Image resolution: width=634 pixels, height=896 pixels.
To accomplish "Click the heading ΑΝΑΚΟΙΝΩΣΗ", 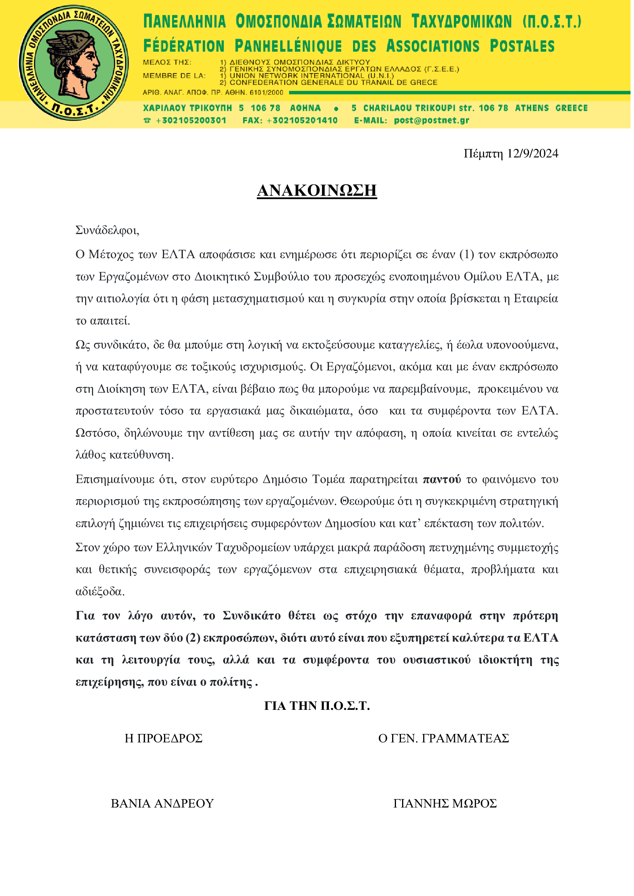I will (317, 190).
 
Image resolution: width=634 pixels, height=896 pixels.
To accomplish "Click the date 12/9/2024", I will (532, 153).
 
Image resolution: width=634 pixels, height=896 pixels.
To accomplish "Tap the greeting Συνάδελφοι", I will (107, 231).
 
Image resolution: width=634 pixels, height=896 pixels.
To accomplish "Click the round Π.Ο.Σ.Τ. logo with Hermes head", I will (73, 63).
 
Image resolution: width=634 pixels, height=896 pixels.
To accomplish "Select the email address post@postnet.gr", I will (431, 121).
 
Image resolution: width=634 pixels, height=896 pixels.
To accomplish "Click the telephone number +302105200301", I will (191, 121).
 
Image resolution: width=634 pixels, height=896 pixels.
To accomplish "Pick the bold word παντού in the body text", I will (442, 479).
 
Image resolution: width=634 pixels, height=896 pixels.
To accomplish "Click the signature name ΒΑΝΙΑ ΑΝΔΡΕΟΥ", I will (163, 804).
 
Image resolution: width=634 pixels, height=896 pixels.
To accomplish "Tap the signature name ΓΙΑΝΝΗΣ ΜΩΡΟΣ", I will (445, 804).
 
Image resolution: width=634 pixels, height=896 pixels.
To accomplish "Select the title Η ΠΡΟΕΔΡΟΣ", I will (164, 738).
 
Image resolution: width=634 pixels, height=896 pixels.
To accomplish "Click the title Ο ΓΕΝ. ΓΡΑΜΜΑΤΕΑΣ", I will (443, 738).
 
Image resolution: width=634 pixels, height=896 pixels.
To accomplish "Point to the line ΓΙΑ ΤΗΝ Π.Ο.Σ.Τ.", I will (317, 706).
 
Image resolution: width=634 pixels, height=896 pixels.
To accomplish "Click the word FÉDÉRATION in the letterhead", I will (184, 46).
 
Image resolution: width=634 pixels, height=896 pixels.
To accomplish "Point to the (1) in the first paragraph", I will (466, 255).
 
